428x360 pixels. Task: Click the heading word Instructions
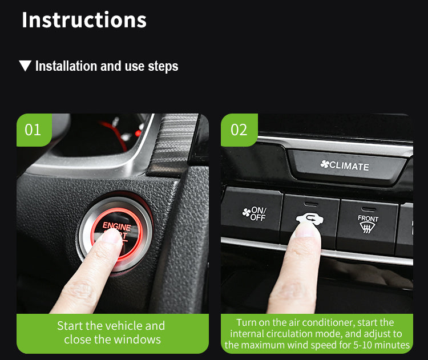[84, 20]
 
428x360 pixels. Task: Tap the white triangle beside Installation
[25, 66]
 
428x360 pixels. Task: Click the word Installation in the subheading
[66, 66]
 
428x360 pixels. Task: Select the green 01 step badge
[34, 130]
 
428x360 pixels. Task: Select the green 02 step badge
[239, 130]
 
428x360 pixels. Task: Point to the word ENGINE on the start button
[117, 226]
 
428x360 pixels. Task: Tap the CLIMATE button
[346, 165]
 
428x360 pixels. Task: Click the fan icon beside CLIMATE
[325, 164]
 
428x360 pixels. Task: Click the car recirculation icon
[310, 219]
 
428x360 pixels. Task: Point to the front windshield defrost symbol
[367, 228]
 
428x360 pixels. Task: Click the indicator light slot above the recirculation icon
[310, 204]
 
